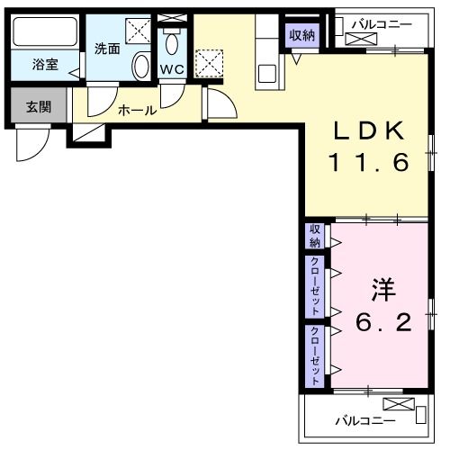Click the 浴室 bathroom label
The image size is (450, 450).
pos(45,66)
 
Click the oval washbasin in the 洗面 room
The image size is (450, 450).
pos(141,65)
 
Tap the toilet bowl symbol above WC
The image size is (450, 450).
pos(172,42)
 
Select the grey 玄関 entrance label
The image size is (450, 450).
pos(37,107)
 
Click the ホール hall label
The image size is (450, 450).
pos(138,110)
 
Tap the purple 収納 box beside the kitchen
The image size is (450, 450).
pos(302,35)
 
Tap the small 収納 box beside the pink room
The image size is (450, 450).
pos(315,237)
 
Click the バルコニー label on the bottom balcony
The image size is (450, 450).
pos(359,420)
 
